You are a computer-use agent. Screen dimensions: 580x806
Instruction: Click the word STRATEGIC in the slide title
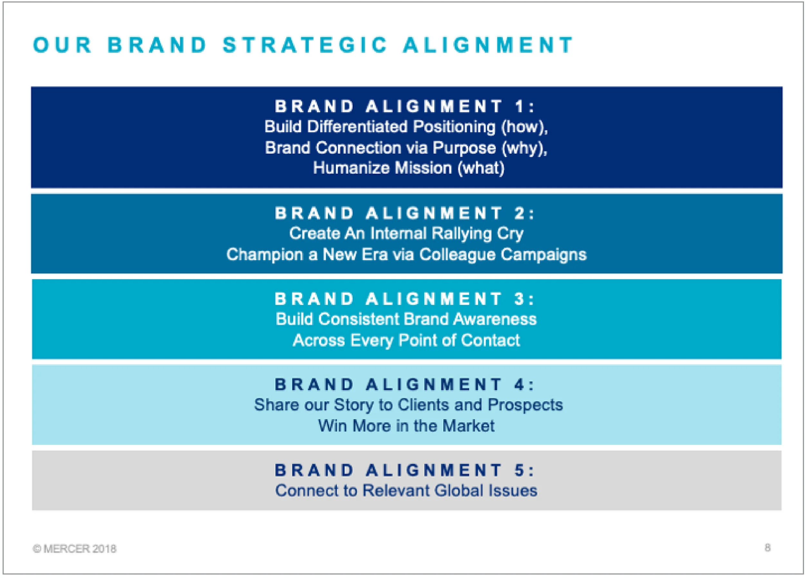point(305,45)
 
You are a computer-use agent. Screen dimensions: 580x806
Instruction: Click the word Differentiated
point(357,127)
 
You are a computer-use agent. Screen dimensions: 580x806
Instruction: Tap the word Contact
point(490,340)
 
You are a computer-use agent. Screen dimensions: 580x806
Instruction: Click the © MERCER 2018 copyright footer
point(74,549)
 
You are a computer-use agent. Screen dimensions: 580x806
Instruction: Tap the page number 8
point(768,548)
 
